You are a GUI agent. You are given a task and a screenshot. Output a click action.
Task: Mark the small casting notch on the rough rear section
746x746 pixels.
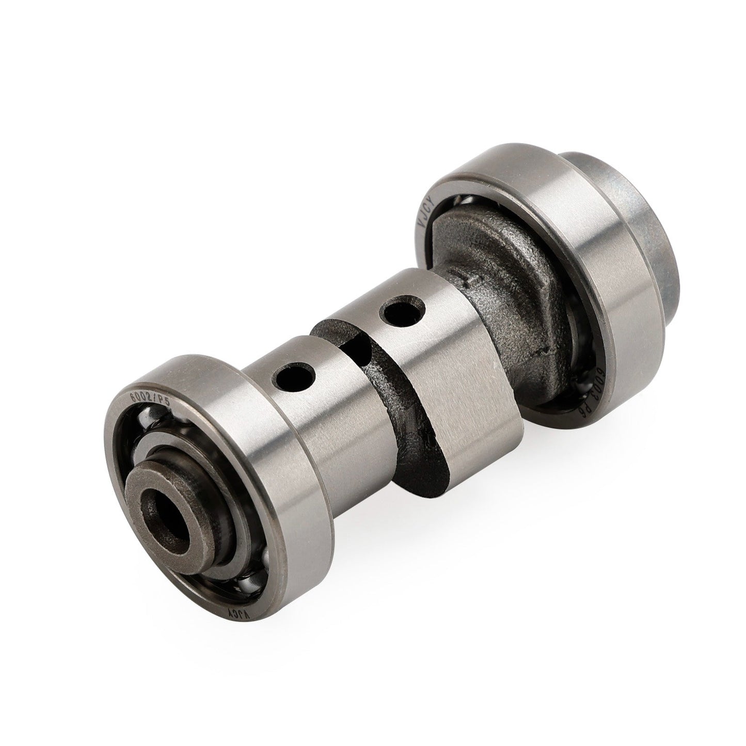[x=467, y=279]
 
